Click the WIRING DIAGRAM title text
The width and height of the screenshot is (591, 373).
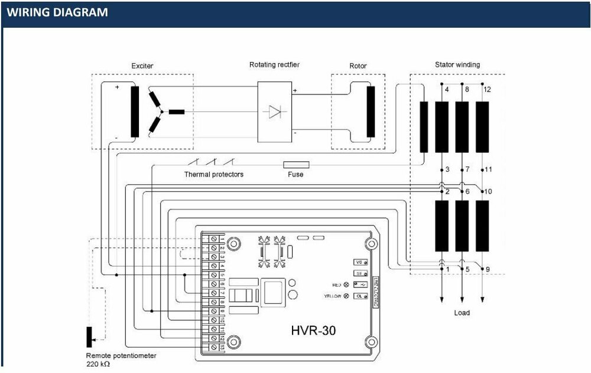tap(57, 12)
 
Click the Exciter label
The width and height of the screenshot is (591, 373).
tap(142, 66)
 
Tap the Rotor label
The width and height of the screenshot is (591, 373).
tap(358, 66)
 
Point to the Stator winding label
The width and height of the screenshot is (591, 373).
tap(457, 64)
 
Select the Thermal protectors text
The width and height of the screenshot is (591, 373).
tap(213, 175)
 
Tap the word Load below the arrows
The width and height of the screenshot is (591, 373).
tap(462, 312)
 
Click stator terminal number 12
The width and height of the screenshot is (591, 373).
tap(488, 90)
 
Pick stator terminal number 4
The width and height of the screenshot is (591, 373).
tap(447, 90)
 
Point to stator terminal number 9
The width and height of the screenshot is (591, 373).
tap(487, 270)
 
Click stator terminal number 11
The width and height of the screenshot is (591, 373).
tap(488, 170)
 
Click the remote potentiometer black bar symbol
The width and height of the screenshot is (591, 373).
tap(90, 336)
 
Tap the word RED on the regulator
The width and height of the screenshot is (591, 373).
tap(337, 284)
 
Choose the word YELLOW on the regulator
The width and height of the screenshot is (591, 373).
tap(332, 296)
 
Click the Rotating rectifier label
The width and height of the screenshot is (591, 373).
tap(275, 64)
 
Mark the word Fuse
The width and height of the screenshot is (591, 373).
tap(295, 175)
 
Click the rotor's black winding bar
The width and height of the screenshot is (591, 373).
tap(371, 112)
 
